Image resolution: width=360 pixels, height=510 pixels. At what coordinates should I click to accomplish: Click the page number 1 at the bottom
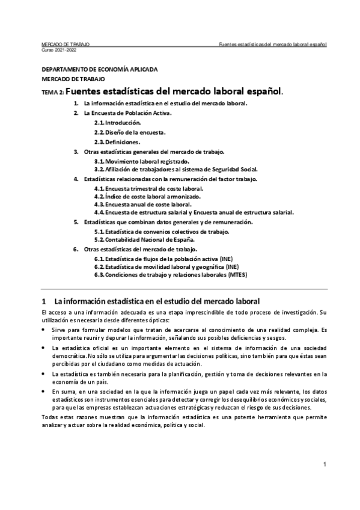pyautogui.click(x=324, y=464)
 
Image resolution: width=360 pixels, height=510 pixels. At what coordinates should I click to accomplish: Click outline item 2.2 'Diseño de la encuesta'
pyautogui.click(x=130, y=132)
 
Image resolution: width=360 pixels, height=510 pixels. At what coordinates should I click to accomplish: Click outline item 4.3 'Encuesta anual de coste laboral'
pyautogui.click(x=144, y=204)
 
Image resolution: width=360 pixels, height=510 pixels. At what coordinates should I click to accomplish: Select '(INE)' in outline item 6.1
pyautogui.click(x=230, y=258)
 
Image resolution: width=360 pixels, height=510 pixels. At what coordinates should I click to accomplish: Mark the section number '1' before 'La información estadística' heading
pyautogui.click(x=44, y=300)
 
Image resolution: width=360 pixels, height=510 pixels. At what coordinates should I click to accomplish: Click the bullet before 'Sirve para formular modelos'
pyautogui.click(x=44, y=330)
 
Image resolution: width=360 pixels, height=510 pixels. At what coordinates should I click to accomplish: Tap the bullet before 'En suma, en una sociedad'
pyautogui.click(x=44, y=391)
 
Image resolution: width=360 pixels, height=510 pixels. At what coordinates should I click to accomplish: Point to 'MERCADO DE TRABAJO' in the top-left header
pyautogui.click(x=65, y=45)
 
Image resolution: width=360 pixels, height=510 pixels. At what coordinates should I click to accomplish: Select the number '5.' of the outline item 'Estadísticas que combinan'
pyautogui.click(x=76, y=222)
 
